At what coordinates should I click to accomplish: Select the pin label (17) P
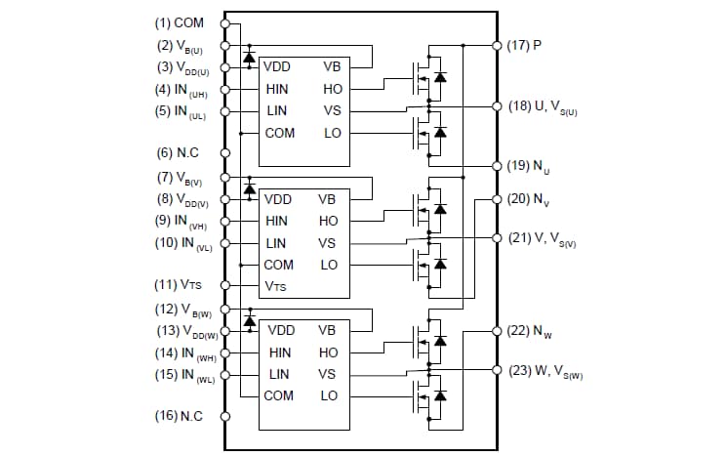pos(525,45)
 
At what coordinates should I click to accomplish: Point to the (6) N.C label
pos(179,152)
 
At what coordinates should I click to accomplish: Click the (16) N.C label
pos(179,416)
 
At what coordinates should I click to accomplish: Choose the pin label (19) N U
pos(532,166)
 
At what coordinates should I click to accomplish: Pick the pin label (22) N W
pos(533,332)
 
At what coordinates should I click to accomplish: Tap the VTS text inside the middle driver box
pos(276,286)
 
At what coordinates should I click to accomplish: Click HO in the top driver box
pos(332,89)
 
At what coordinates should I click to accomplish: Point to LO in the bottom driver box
pos(329,395)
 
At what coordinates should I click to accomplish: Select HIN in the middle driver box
pos(277,221)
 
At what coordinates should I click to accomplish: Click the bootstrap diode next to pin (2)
pos(249,57)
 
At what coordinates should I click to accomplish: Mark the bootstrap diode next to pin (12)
pos(249,320)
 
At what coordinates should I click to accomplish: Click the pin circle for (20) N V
pos(497,199)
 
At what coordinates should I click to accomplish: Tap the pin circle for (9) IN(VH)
pos(225,221)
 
